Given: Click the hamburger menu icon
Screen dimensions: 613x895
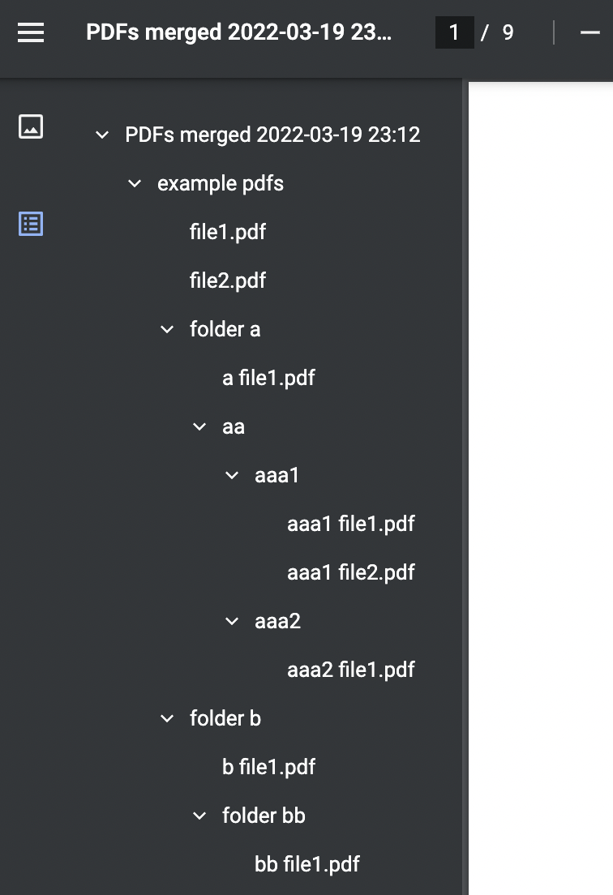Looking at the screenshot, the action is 31,32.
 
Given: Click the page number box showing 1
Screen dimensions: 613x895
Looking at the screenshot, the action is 454,32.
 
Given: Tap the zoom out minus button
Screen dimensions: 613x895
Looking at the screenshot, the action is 589,32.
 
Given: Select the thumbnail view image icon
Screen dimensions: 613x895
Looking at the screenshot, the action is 31,126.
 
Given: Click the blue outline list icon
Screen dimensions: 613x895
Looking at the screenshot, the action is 31,224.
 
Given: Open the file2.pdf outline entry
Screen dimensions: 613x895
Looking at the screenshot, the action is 228,280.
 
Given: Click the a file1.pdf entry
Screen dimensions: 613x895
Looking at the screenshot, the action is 268,378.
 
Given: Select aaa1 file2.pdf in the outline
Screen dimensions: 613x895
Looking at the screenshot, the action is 350,572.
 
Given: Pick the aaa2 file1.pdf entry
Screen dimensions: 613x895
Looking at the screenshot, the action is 350,670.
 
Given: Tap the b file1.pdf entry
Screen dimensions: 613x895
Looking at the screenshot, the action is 268,767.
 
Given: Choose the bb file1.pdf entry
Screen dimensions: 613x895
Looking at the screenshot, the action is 307,864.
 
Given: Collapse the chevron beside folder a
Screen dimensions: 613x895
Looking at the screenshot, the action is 167,329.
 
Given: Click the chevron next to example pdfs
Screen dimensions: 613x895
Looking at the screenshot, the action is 135,184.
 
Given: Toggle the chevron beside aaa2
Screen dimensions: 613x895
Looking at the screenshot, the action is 232,621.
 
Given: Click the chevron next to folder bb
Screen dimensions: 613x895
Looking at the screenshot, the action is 199,816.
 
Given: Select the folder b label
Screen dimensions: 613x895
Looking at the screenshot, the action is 225,718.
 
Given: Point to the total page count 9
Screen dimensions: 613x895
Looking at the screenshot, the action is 508,32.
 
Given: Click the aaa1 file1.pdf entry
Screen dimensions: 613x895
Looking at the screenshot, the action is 350,524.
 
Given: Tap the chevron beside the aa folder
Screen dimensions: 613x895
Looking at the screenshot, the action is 199,426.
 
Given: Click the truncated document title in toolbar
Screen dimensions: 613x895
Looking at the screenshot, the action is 238,32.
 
